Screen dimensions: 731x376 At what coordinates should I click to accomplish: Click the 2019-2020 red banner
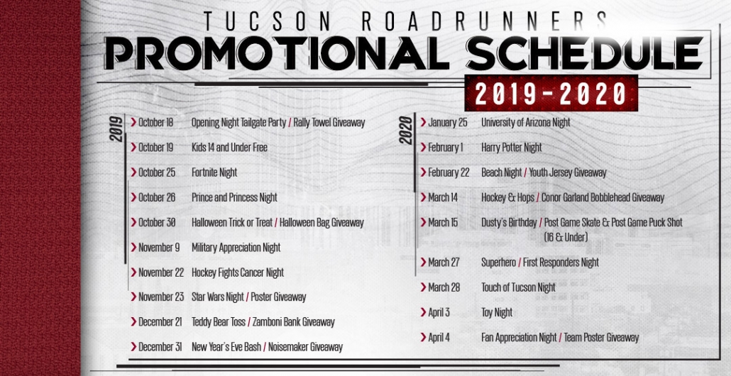pos(551,93)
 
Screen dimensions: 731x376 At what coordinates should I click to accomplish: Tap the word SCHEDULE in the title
pos(585,53)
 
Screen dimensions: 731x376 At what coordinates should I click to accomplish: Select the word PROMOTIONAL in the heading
pos(277,53)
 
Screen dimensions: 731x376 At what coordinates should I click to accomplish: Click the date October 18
pos(155,123)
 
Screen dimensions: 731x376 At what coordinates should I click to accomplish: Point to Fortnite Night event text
pos(214,172)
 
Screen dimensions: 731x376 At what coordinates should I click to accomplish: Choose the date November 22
pos(161,272)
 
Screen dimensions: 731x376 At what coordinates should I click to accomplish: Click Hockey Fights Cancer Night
pos(238,272)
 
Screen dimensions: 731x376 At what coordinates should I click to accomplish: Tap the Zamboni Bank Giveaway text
pos(294,322)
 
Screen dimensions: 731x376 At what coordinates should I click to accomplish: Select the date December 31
pos(160,347)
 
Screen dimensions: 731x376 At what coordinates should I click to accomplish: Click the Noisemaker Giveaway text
pos(305,347)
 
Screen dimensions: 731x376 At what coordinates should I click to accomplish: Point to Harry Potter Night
pos(512,148)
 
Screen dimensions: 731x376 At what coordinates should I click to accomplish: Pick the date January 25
pos(448,123)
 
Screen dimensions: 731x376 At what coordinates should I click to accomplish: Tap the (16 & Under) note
pos(566,237)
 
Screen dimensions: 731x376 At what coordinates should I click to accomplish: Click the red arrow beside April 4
pos(423,337)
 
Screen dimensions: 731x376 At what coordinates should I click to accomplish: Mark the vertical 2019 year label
pos(116,128)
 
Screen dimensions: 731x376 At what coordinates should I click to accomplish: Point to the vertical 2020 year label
pos(406,130)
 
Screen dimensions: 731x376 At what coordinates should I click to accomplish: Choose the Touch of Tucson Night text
pos(518,287)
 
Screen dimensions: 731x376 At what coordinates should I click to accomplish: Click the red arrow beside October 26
pos(133,197)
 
